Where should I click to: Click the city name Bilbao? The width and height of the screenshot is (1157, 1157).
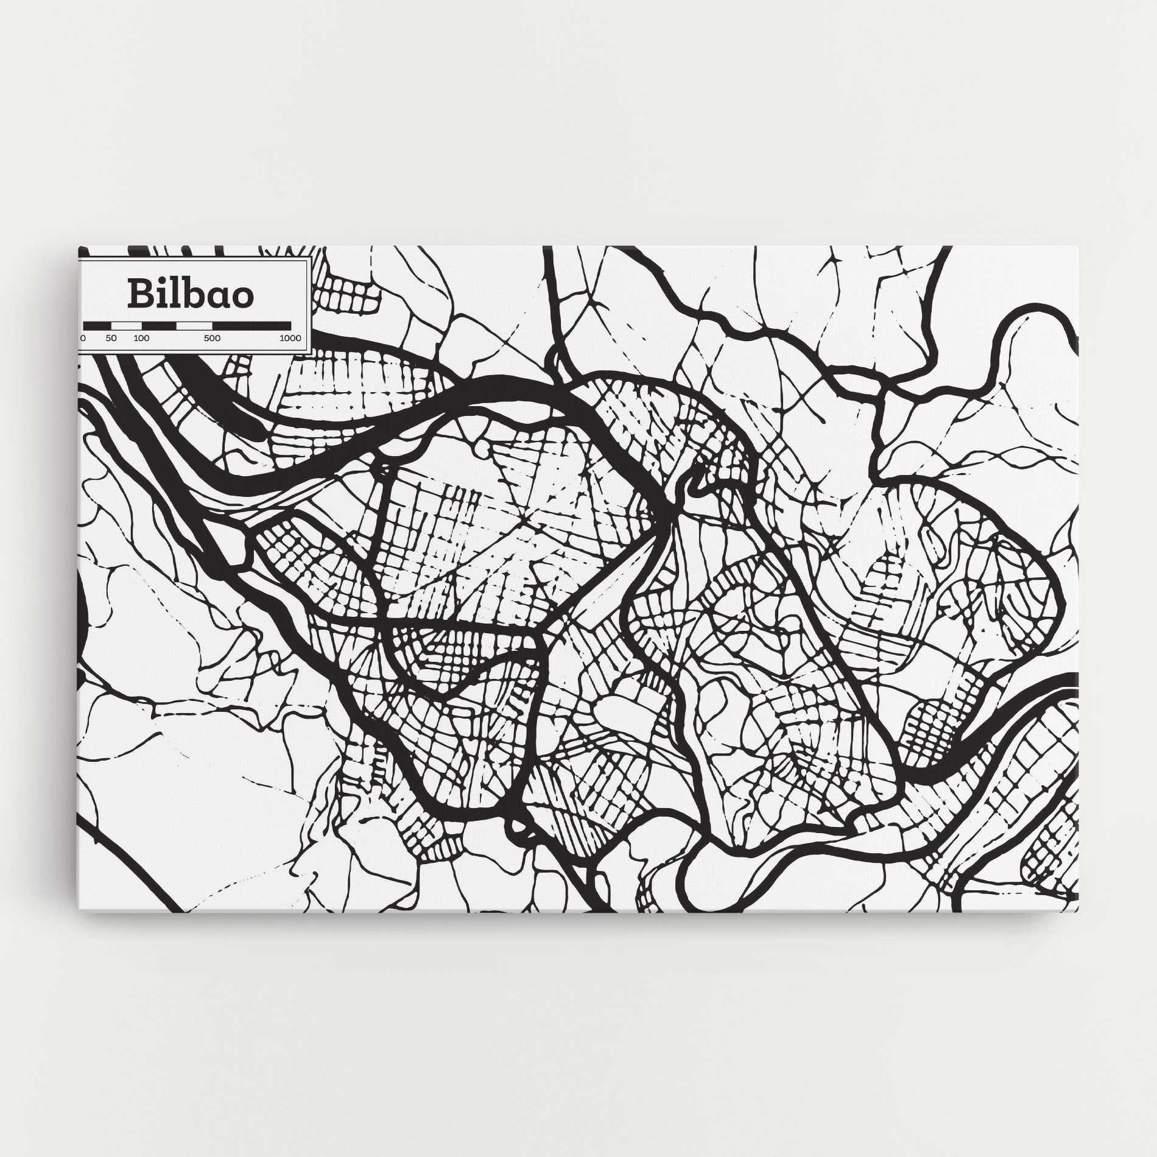tap(191, 294)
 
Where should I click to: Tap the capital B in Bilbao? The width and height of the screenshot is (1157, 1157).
tap(138, 294)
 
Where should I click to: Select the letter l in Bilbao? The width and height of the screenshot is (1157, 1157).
tap(172, 292)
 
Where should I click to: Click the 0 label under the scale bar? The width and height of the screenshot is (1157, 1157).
tap(83, 338)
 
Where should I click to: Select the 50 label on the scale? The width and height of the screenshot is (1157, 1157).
tap(111, 338)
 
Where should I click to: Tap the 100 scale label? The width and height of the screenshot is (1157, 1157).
tap(141, 338)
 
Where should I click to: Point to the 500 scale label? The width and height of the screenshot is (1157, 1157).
tap(213, 338)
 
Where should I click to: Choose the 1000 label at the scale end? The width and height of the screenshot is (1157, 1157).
tap(290, 338)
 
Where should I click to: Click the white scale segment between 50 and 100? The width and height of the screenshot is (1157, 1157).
tap(126, 325)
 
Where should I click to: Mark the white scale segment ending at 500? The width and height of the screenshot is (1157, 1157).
tap(194, 325)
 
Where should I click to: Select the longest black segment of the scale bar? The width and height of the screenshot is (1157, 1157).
tap(251, 325)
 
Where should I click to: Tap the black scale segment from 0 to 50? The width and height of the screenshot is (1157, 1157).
tap(97, 325)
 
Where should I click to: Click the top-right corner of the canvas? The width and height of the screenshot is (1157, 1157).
tap(1078, 247)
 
